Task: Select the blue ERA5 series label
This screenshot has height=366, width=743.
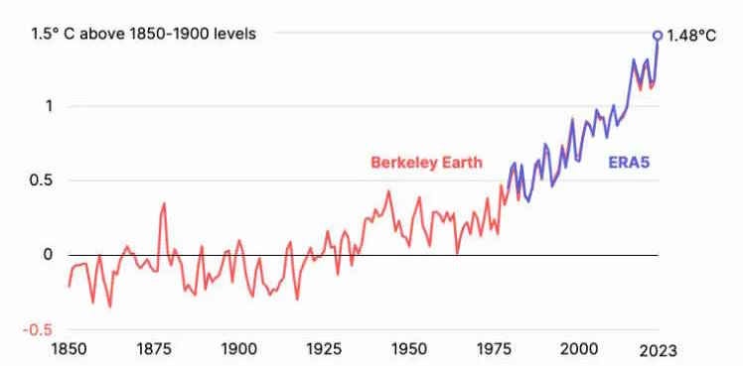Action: [x=629, y=163]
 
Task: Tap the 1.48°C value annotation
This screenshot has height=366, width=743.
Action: [x=692, y=35]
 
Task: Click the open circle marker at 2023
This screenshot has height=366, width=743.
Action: [x=658, y=35]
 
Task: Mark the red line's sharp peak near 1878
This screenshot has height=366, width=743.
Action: [x=164, y=203]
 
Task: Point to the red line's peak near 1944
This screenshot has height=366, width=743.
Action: [x=388, y=191]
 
